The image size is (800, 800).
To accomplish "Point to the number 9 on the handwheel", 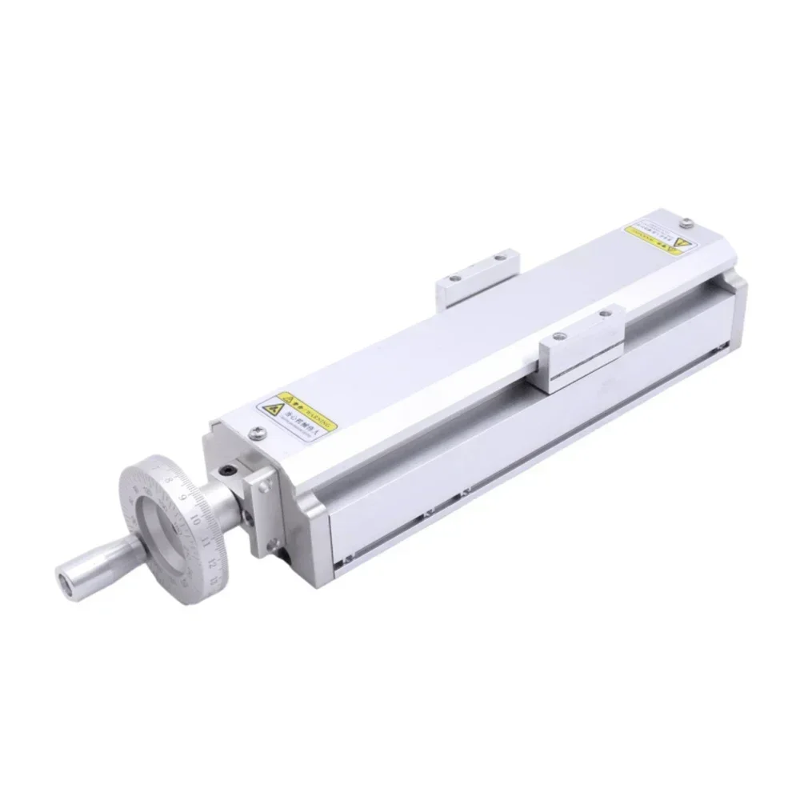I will (x=185, y=497).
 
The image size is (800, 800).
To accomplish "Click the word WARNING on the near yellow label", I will (x=316, y=415).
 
